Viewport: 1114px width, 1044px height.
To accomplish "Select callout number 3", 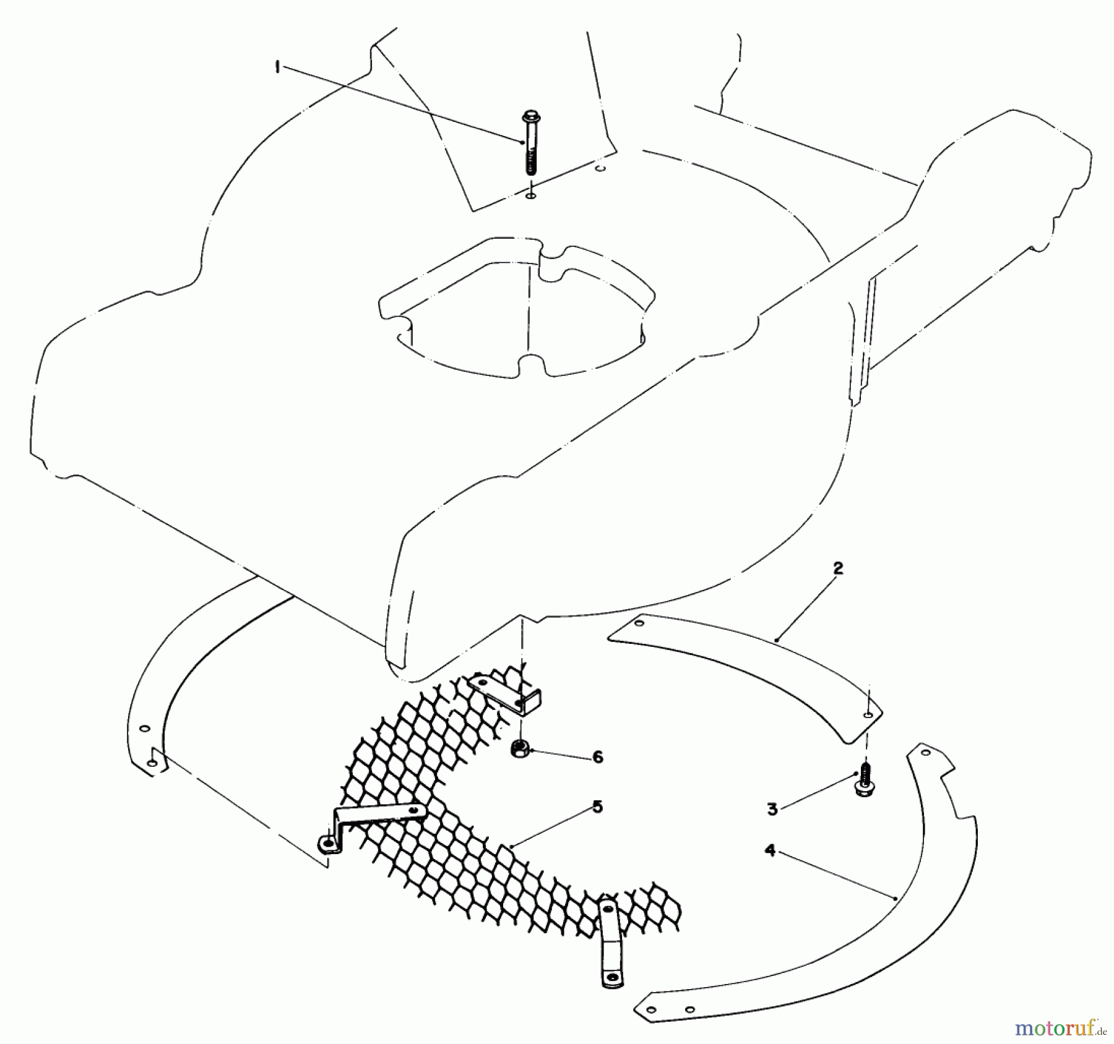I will (772, 809).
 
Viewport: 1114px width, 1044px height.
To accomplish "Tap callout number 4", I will (770, 850).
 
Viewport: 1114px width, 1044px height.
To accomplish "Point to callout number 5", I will (597, 807).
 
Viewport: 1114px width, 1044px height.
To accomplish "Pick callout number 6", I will (597, 757).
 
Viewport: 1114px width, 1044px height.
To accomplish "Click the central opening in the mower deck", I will (520, 322).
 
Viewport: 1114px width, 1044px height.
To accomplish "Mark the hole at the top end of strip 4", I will (925, 753).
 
